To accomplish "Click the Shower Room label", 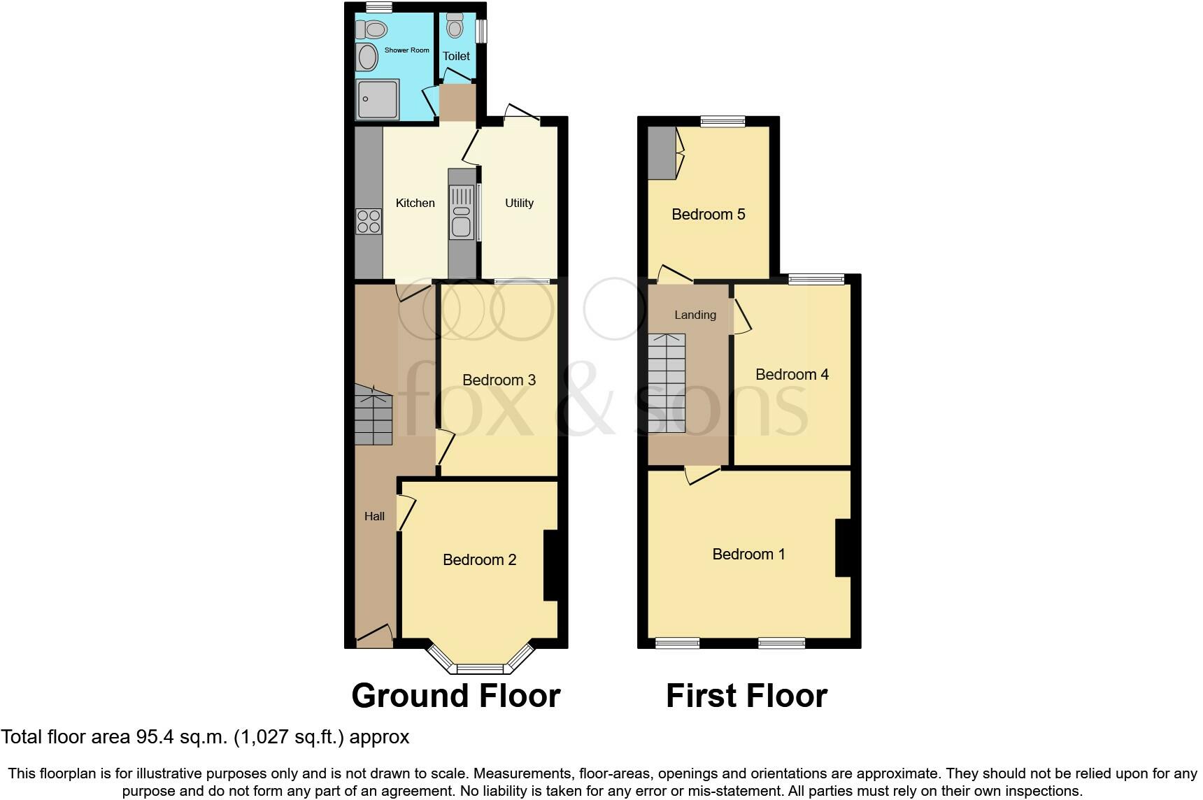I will click(406, 50).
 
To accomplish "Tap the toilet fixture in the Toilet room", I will click(455, 25).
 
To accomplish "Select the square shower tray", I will click(378, 99).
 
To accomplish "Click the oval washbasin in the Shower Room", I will click(366, 57).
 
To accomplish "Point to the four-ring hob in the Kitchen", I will click(369, 221).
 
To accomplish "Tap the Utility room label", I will click(519, 203).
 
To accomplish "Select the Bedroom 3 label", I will click(499, 380).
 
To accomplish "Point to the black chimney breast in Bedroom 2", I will click(550, 565).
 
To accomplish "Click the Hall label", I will click(374, 516).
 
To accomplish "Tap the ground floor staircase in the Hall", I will click(373, 417).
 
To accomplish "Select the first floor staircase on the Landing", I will click(667, 383).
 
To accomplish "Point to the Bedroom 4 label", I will click(792, 374).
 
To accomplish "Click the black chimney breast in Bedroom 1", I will click(843, 548).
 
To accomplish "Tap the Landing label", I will click(695, 315).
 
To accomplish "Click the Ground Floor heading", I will click(455, 696).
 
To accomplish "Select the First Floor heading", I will click(746, 696).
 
